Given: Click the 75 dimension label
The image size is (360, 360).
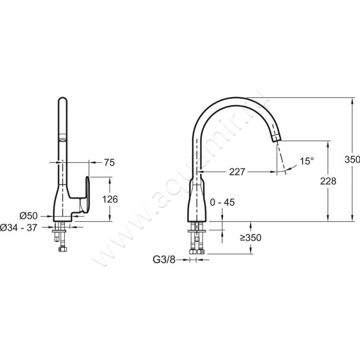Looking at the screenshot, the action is tap(109, 162).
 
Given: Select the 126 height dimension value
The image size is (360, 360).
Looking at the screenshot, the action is tap(110, 199).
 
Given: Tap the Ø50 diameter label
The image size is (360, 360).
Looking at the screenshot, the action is tap(28, 216).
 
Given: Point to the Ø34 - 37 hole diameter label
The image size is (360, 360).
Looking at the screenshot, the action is tap(18, 228).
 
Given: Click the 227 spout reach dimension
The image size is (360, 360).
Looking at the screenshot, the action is tap(237, 172).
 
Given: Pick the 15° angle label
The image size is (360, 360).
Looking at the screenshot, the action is tap(307, 161).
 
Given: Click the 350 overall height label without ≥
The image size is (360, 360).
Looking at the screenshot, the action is tap(352, 159).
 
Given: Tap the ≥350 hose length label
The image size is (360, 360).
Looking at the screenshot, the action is tap(251, 238).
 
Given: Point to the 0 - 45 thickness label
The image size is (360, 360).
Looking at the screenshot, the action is tap(222, 202).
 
